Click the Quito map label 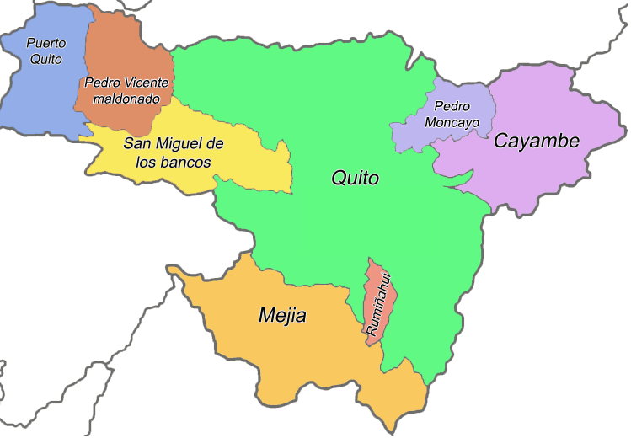(356, 179)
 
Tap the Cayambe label (537, 141)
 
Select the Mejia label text (282, 317)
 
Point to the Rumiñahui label (377, 302)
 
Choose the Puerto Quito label (45, 51)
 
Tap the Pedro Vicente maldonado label (126, 91)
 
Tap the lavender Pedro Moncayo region (413, 135)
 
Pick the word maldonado (126, 99)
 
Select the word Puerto (45, 42)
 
